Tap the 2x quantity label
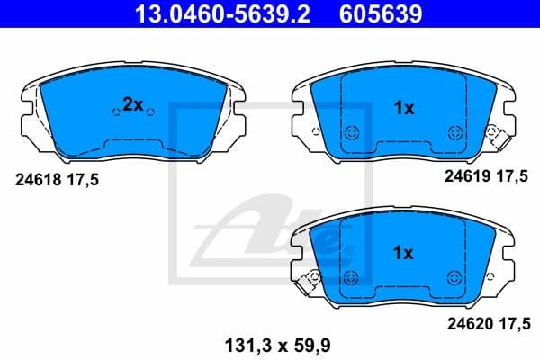tap(133, 105)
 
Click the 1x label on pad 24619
tap(404, 109)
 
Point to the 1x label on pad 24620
tap(404, 254)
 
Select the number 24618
tap(38, 180)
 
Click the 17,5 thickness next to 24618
tap(81, 180)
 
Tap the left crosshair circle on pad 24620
tap(352, 275)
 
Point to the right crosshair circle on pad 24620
tap(455, 275)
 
